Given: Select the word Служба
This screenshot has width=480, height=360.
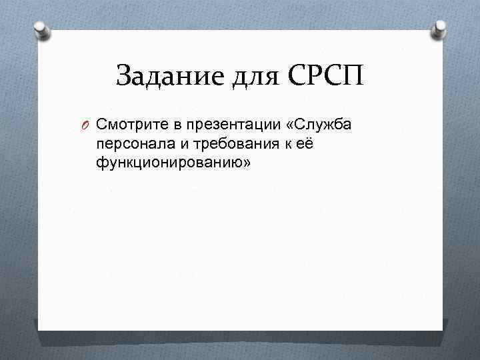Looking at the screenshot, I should [319, 124].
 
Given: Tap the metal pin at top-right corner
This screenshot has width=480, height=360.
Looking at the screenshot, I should [439, 27].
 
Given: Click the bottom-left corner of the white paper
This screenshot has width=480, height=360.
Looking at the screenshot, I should [39, 329].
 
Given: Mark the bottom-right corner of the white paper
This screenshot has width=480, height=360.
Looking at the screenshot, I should [443, 329].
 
